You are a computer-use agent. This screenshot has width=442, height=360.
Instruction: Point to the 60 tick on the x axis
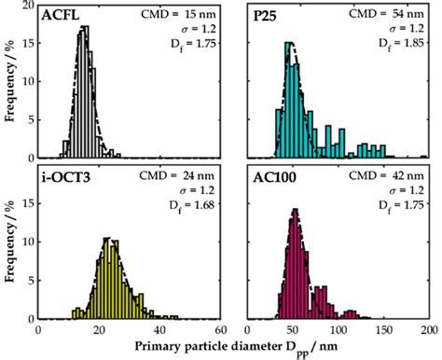220,329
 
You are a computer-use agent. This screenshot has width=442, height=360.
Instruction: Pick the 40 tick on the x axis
159,329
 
